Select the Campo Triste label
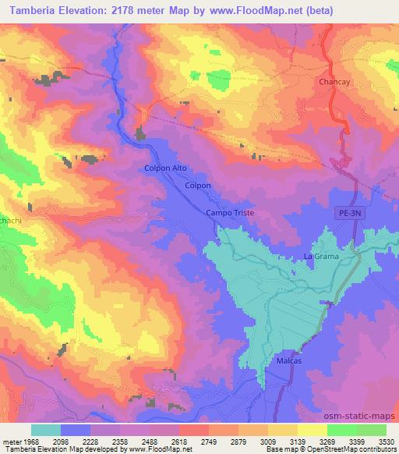pyautogui.click(x=230, y=213)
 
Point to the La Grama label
pyautogui.click(x=318, y=257)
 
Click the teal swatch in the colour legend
pyautogui.click(x=46, y=430)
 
